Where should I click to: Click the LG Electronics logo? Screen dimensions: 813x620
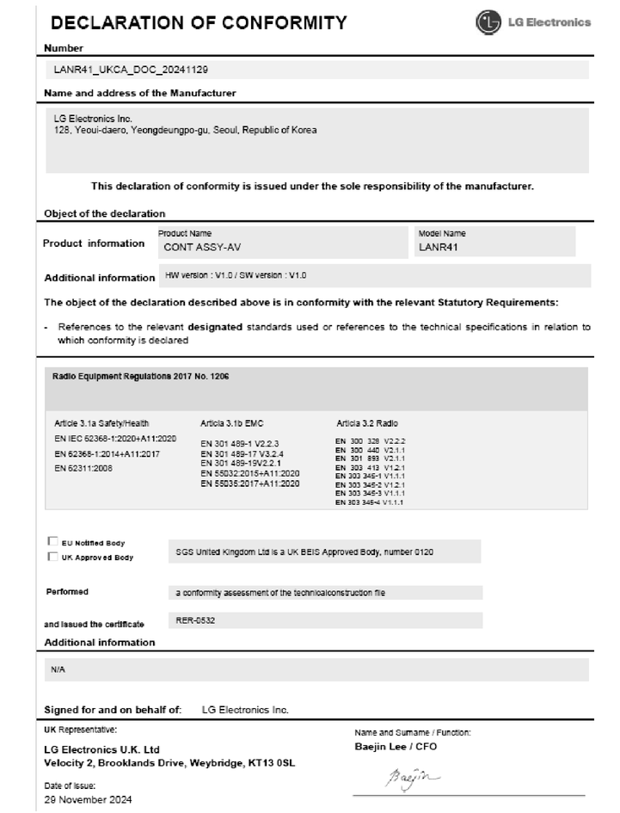tap(534, 22)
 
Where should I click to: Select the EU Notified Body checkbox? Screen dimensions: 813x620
tap(52, 542)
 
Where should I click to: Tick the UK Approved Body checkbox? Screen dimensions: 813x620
tap(52, 557)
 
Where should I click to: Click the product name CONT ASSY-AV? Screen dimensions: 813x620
tap(201, 246)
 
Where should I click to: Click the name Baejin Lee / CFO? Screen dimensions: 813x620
tap(396, 746)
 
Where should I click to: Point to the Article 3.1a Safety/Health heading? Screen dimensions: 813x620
tap(101, 424)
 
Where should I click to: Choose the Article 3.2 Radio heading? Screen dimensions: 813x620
tap(367, 424)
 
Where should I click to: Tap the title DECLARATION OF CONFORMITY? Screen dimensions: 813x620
tap(200, 22)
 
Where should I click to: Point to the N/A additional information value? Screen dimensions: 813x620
tap(58, 668)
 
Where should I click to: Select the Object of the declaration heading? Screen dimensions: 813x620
tap(104, 213)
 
